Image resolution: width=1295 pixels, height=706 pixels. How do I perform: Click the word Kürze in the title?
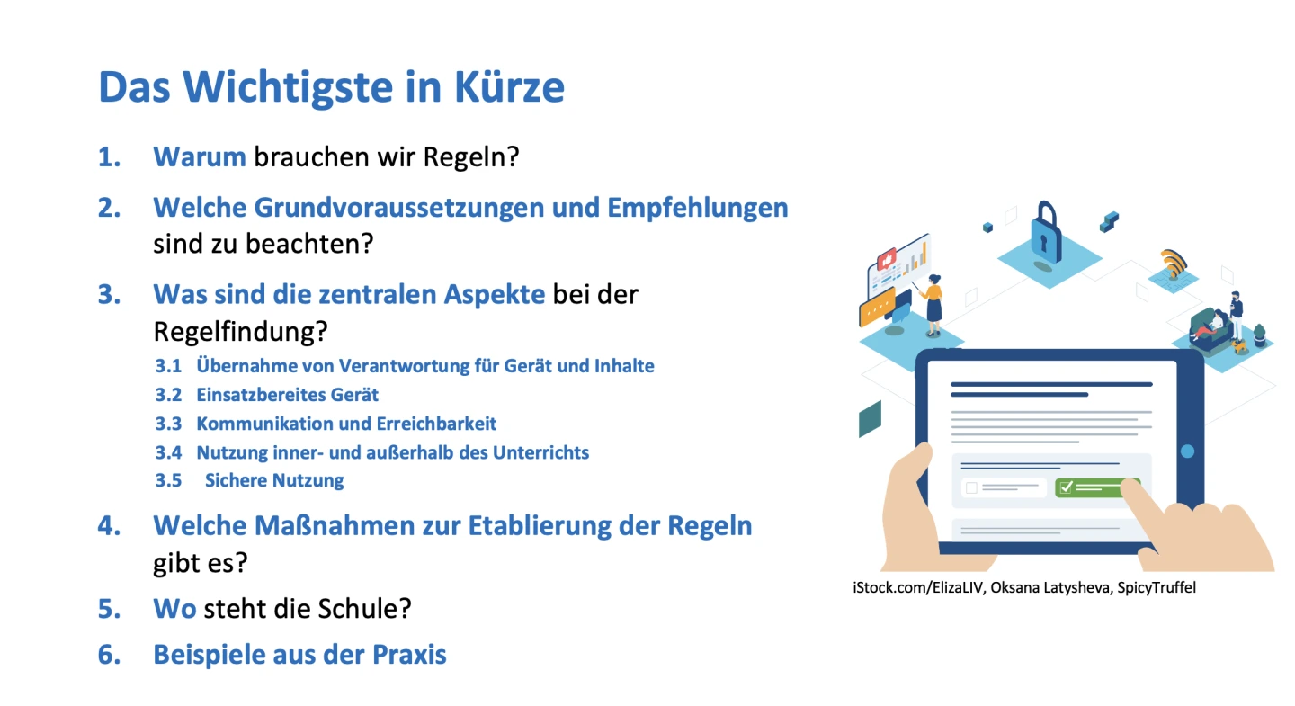click(509, 86)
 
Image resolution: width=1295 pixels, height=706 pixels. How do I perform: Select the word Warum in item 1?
click(200, 157)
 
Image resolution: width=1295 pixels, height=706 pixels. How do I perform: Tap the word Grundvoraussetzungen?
click(399, 208)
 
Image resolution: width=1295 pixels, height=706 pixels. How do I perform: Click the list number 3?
click(110, 295)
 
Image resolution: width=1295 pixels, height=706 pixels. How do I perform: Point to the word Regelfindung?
click(240, 332)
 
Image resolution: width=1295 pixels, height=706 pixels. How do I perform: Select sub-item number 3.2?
click(168, 395)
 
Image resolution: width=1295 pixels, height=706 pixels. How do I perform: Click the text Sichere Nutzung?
click(274, 480)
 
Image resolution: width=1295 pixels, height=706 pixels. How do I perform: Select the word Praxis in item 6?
click(409, 655)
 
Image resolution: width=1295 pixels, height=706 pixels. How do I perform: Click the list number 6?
click(110, 655)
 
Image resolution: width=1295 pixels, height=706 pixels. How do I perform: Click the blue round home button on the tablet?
click(1187, 451)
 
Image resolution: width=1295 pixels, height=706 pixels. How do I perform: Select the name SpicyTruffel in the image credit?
click(1157, 588)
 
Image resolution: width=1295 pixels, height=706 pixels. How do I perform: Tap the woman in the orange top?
click(933, 305)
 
